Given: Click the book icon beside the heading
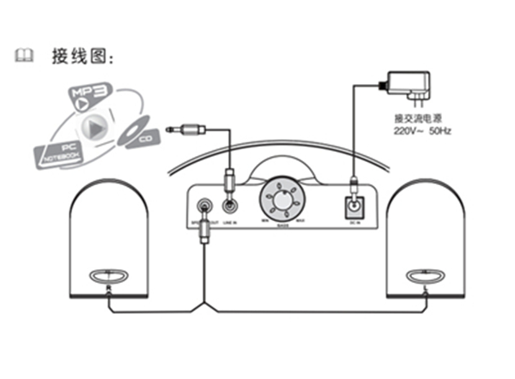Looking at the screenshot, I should coord(24,57).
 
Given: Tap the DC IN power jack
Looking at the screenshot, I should coord(354,207).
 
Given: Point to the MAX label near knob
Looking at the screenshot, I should coord(300,221).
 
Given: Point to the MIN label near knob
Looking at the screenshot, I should coord(265,221).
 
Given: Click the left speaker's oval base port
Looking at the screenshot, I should coord(107,276).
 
